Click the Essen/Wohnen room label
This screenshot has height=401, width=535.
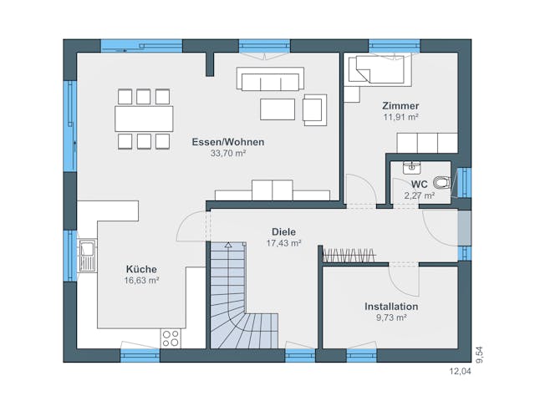coord(227,142)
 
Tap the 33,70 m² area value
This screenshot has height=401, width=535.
coord(227,154)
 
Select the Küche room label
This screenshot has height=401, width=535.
coord(141,269)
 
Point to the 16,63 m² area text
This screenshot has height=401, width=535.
coord(141,281)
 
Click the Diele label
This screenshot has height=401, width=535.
coord(283,231)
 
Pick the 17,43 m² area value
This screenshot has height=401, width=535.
coord(283,243)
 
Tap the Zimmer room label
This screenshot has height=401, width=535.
coord(400,106)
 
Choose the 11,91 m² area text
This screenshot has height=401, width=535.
coord(400,118)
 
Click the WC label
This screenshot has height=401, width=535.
coord(419,184)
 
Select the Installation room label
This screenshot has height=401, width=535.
coord(390,307)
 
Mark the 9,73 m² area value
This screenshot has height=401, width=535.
coord(390,318)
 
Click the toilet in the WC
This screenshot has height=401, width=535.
coord(441,183)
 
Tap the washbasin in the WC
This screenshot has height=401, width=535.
coord(410,167)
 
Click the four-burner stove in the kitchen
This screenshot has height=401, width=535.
coord(171,338)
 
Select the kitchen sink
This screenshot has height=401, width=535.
coord(87,256)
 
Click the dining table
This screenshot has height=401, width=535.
coord(144,118)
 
